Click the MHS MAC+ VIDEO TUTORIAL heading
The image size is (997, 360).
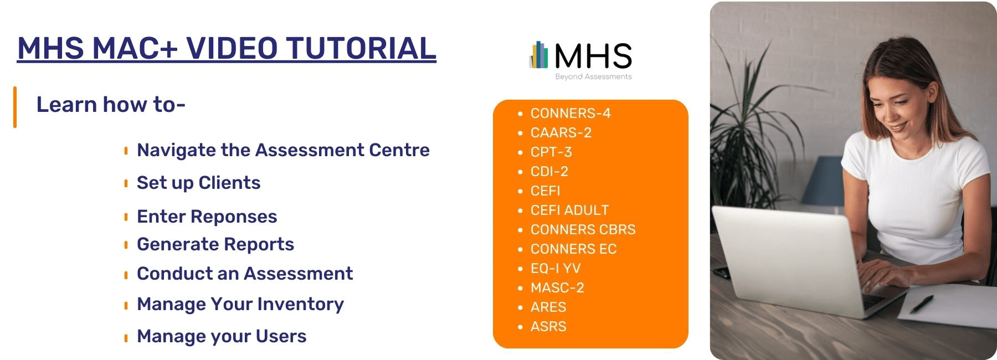coord(227,48)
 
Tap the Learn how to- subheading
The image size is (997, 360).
coord(111,105)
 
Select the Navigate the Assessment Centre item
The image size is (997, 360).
coord(283,150)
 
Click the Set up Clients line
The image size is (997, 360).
coord(198,183)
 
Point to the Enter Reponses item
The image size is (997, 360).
coord(207,217)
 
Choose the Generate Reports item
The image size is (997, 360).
coord(215,244)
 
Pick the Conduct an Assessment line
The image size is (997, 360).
coord(245,274)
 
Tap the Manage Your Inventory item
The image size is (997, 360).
coord(240,304)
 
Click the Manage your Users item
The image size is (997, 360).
coord(222,336)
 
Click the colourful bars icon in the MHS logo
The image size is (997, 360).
coord(539,55)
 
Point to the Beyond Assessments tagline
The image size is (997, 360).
coord(593,77)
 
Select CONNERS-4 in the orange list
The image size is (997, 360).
coord(571,114)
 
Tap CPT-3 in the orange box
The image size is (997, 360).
coord(551,152)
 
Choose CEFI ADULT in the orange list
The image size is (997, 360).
coord(569,210)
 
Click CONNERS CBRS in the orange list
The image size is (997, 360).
coord(583,230)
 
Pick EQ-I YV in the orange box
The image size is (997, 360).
coord(556,269)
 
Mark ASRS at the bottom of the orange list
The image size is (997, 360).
coord(548,327)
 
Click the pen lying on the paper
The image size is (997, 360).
coord(921,303)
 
